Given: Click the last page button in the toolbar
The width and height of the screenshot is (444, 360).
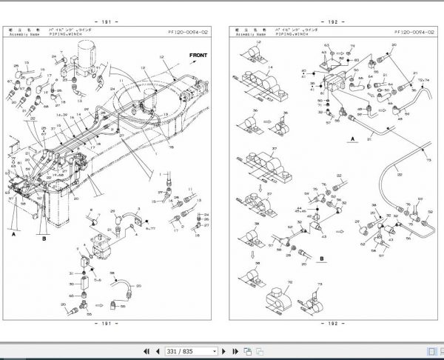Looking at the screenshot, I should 238,350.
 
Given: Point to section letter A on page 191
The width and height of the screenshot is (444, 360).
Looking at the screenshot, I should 13,231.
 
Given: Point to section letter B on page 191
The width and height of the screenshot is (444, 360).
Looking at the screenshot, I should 44,239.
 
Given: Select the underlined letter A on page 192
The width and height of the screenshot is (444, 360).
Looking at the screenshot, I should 353,139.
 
